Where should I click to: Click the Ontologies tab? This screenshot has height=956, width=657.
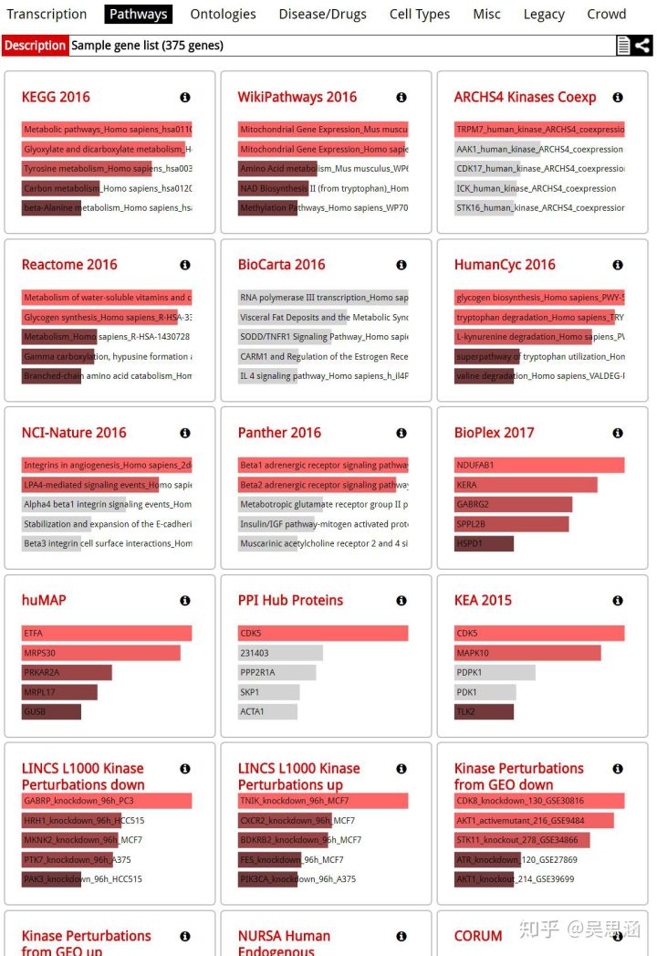[223, 14]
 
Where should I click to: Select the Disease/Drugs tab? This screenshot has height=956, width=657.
[322, 14]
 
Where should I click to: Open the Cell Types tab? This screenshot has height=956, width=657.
[420, 14]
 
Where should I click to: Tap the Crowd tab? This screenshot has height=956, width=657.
[607, 14]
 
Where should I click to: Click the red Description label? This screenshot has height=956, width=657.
[35, 46]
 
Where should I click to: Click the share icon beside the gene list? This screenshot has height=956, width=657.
[642, 46]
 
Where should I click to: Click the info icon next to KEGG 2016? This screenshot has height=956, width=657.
[185, 98]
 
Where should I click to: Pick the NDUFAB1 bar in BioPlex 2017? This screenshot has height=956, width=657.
[538, 466]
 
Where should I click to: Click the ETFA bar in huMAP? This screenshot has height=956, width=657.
[106, 633]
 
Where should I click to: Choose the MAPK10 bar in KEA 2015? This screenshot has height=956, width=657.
[527, 653]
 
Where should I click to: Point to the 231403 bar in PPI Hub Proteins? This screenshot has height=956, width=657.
[280, 653]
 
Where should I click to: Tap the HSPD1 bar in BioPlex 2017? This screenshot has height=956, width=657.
[484, 543]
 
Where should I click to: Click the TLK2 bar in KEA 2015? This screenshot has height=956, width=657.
[484, 711]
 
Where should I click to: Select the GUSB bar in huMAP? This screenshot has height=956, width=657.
[51, 711]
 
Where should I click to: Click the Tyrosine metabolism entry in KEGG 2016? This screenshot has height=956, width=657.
[87, 169]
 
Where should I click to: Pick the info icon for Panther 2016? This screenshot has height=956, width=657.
[401, 433]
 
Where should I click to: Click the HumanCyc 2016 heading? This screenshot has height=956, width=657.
[505, 265]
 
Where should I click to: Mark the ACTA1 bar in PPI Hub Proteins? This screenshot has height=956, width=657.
[268, 711]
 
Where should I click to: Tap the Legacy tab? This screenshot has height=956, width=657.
[544, 14]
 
